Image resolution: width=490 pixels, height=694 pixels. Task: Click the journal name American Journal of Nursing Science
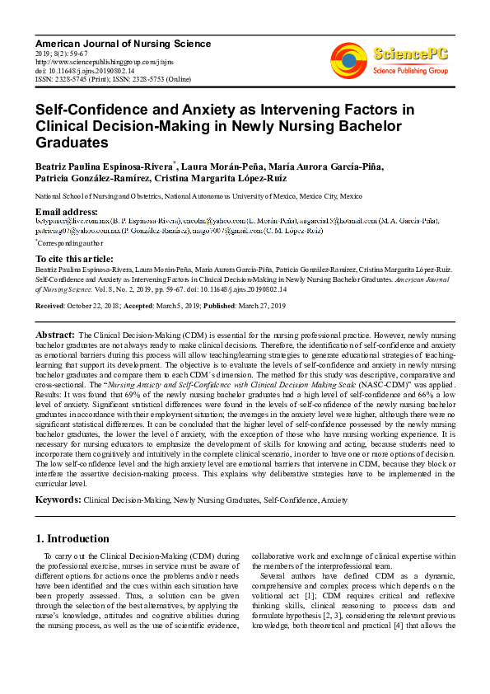pos(123,43)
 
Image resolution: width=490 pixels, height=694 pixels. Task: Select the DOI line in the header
pos(85,70)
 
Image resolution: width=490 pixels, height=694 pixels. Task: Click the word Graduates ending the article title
pos(71,143)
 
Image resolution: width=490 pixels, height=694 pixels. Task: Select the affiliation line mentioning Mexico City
pos(198,197)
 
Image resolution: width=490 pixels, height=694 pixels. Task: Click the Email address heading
pos(67,212)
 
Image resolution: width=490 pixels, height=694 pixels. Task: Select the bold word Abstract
pos(55,335)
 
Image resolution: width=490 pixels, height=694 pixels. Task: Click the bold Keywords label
pos(58,499)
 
